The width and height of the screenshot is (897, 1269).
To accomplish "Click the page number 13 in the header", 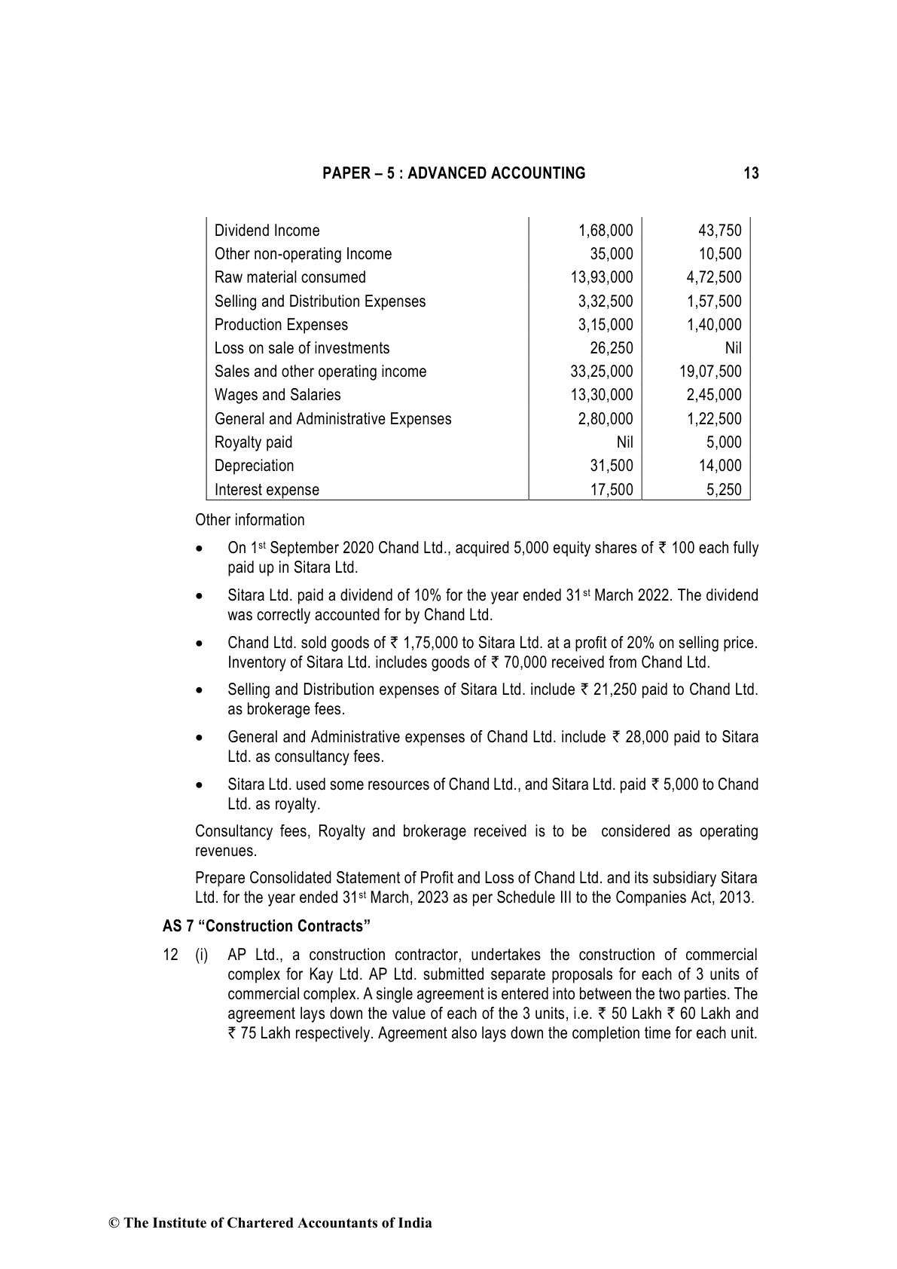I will click(750, 173).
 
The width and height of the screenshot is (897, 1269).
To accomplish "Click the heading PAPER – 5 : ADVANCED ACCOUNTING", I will click(453, 173).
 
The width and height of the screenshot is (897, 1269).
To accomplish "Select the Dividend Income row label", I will click(267, 231).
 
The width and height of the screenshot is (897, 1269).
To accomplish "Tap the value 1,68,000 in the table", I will click(606, 231).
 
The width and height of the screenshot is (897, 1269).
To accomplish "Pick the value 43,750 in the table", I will click(720, 231).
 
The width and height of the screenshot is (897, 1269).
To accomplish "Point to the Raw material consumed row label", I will click(290, 277).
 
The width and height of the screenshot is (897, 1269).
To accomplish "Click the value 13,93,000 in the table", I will click(602, 277).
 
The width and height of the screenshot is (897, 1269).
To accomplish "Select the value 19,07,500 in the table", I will click(710, 372).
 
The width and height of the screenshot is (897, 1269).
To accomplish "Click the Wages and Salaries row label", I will click(277, 395).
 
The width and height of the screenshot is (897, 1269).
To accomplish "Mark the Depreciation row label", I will click(254, 466).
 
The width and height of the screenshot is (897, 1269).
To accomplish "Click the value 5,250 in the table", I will click(724, 490).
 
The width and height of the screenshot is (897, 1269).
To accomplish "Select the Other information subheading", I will click(250, 520).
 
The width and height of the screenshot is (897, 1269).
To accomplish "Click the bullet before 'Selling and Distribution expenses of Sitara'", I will click(200, 690).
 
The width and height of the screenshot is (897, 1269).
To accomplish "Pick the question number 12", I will click(170, 956).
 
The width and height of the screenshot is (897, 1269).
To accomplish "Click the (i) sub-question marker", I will click(202, 956).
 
